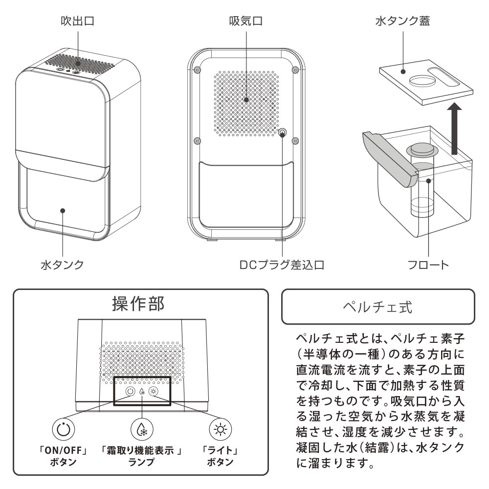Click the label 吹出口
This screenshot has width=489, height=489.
(78, 21)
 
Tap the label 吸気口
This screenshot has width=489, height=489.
(246, 21)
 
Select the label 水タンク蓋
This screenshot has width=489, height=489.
(402, 21)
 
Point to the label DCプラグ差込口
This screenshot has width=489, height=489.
(282, 265)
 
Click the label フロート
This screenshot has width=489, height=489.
(428, 265)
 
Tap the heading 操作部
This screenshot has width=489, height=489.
(138, 304)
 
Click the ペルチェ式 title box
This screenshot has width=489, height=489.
(378, 307)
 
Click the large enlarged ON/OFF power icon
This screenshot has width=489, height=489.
(63, 429)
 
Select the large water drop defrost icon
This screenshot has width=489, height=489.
(142, 429)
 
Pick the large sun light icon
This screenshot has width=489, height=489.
(221, 429)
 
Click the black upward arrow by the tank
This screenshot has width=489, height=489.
(455, 129)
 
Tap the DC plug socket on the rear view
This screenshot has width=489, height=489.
(282, 134)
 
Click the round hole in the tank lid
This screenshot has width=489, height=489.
(422, 81)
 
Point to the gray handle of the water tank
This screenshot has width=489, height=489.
(390, 159)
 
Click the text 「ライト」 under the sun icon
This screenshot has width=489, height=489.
(221, 450)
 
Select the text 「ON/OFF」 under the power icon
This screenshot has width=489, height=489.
(63, 450)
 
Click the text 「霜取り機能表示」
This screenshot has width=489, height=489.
(141, 450)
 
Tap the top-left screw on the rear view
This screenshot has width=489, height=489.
(197, 70)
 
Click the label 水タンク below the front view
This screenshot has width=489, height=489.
(63, 265)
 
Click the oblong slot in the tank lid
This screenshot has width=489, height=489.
(445, 78)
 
